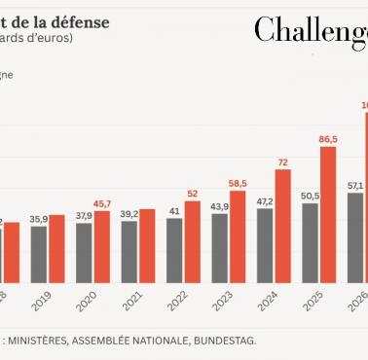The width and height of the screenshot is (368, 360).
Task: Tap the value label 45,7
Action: point(102,202)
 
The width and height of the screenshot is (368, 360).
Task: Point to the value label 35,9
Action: point(39,219)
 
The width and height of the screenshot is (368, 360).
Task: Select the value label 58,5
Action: point(238,182)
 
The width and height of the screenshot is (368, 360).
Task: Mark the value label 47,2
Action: point(265,201)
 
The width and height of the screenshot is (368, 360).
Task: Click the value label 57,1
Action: point(355,185)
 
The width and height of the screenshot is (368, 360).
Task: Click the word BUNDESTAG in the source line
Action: point(225,341)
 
